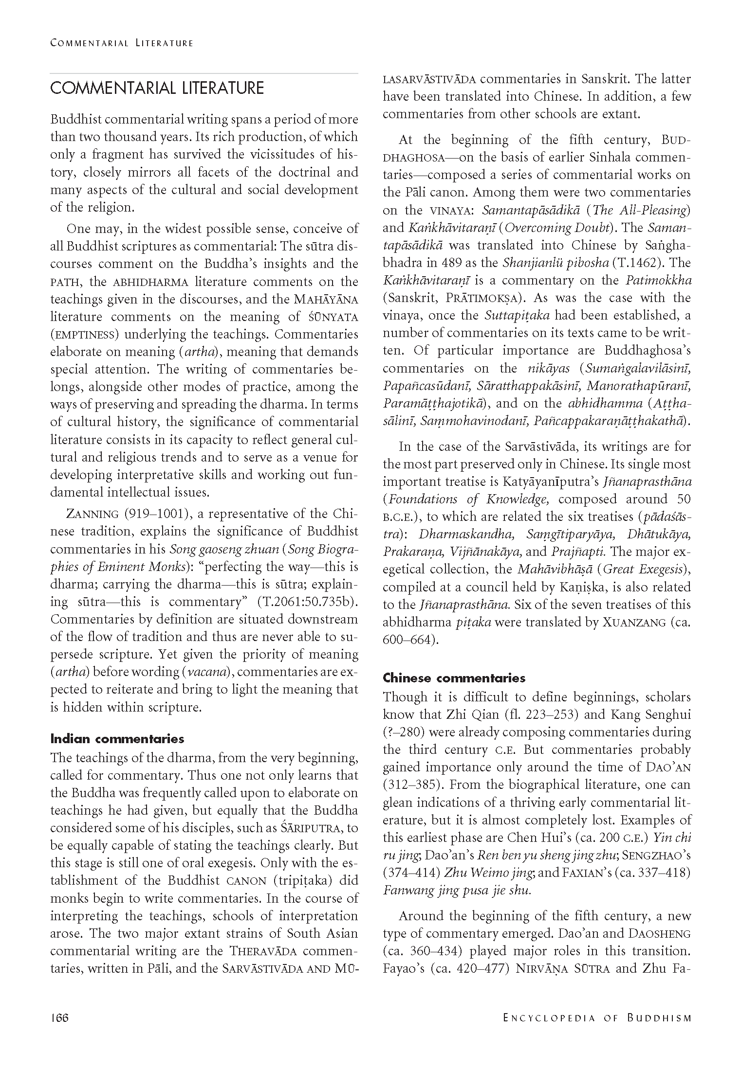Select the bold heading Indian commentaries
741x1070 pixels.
117,739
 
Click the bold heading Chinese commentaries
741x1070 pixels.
454,678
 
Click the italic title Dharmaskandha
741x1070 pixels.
466,534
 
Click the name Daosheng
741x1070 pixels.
660,933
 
